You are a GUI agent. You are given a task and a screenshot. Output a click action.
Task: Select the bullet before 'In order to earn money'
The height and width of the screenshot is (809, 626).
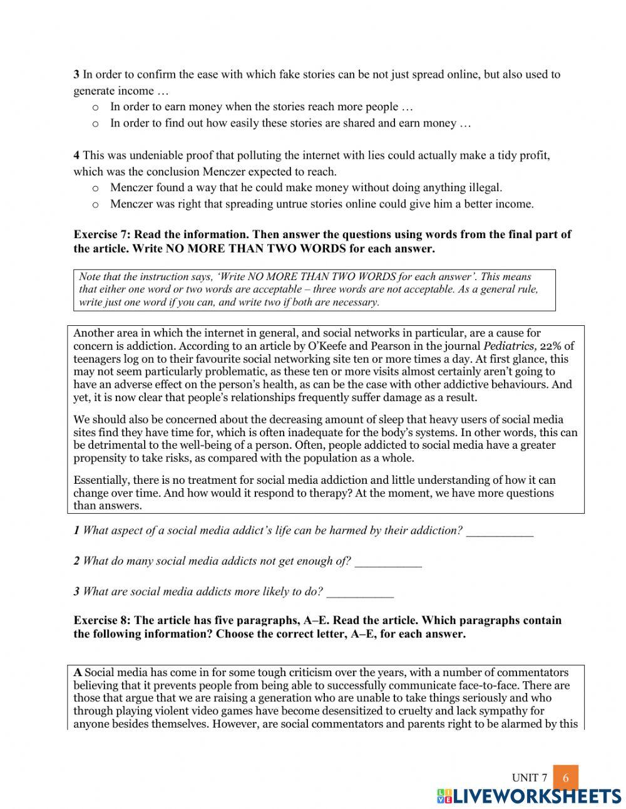coord(96,108)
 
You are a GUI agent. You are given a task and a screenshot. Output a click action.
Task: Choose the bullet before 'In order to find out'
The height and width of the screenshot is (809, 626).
coord(96,124)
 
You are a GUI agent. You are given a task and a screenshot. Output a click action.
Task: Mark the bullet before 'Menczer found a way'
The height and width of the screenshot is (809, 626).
coord(96,188)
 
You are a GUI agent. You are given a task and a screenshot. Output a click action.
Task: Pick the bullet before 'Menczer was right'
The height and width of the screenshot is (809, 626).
coord(96,204)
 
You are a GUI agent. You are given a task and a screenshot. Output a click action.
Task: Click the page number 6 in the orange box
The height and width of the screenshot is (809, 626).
coord(565,778)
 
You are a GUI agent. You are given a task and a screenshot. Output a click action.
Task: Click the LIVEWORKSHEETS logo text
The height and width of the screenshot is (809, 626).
coord(529,796)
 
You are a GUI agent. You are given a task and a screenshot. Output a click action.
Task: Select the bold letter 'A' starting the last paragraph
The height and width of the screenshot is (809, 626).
coord(78,672)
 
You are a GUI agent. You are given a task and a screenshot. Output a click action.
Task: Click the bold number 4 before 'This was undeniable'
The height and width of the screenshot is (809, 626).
coord(76,155)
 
